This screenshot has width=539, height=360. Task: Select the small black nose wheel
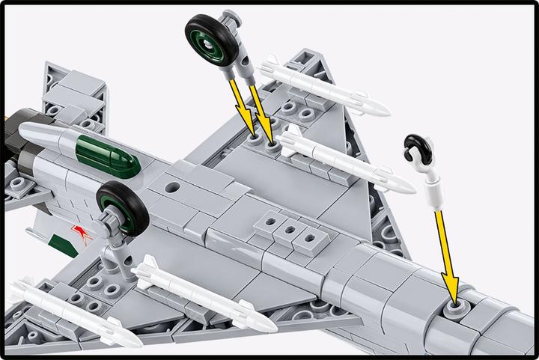(x=414, y=148)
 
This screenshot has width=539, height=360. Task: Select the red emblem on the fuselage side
(x=79, y=230)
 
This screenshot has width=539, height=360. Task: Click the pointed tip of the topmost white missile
(x=386, y=110)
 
